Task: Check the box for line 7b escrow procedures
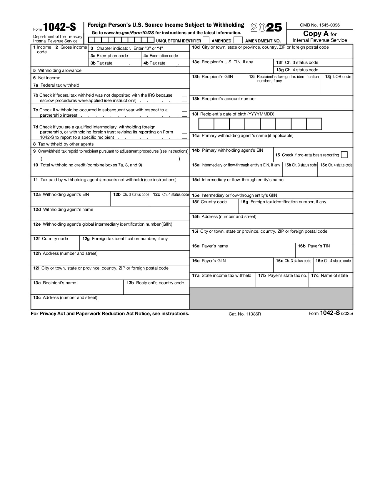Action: pos(184,100)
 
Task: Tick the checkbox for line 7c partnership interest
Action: pos(184,114)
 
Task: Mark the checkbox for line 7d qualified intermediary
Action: pos(184,136)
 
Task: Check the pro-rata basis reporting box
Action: pos(344,155)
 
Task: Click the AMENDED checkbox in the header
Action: pos(206,40)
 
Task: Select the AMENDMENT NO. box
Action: pos(238,40)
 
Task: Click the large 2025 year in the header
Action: pos(266,28)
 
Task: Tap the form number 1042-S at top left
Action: pos(59,27)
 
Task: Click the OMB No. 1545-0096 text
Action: pos(319,25)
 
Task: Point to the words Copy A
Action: pos(316,34)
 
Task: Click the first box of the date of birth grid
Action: pos(206,124)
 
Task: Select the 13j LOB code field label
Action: pos(338,77)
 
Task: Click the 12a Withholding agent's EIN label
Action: pos(61,195)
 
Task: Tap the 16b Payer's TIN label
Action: pos(314,246)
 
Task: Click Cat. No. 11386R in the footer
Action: pos(245,314)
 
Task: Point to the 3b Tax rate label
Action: pos(101,63)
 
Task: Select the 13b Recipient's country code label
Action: pos(155,283)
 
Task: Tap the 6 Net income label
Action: pos(47,78)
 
